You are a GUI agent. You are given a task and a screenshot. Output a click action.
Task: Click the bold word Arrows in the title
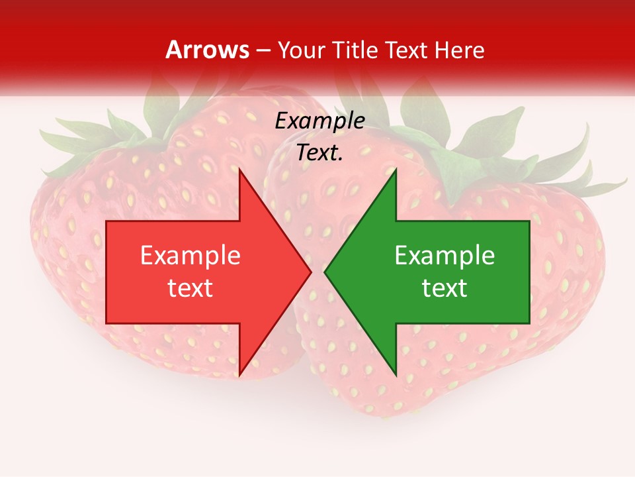coord(207,50)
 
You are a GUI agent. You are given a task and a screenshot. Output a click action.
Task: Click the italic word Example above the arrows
coord(319,121)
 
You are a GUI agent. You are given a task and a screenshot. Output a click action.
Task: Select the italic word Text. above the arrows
coord(319,153)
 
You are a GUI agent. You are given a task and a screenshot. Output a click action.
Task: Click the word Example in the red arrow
coord(190,256)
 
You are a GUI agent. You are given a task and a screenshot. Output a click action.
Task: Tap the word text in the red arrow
coord(190,288)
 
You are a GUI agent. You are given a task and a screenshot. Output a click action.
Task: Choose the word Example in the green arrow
coord(444,256)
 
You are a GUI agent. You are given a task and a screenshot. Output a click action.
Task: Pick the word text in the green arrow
coord(444,288)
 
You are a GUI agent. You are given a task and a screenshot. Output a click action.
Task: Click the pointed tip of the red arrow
coord(310,272)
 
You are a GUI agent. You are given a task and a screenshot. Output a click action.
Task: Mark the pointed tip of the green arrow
coord(325,272)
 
